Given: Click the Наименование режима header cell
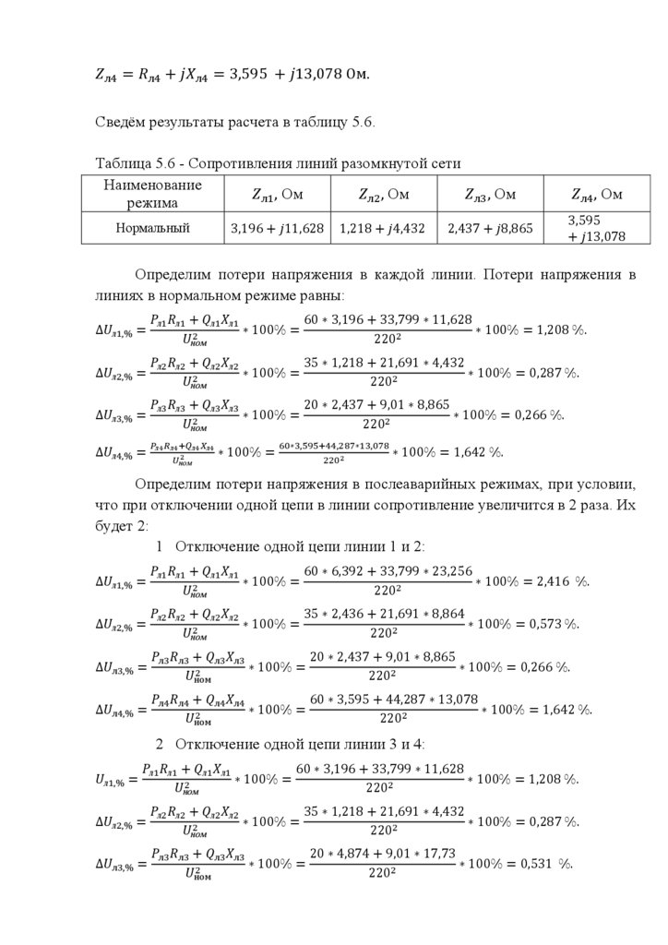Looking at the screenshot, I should click(153, 194).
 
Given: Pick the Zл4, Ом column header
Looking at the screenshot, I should click(597, 194).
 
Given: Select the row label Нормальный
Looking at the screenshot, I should click(153, 228).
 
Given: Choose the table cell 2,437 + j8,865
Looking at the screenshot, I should click(490, 228).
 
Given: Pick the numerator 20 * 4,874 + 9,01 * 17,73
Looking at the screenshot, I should click(382, 854).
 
